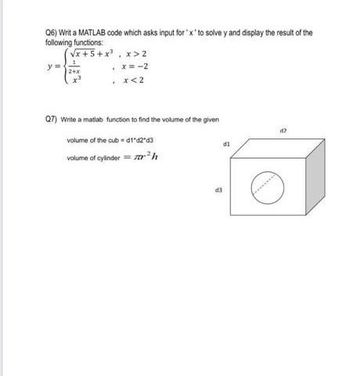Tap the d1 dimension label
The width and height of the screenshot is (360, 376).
pyautogui.click(x=226, y=145)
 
